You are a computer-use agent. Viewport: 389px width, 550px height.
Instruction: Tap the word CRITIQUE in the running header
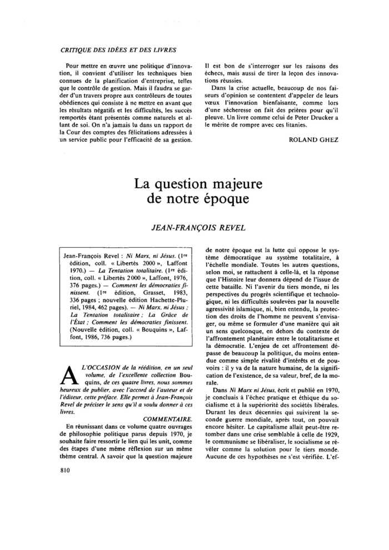[x=77, y=50]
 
